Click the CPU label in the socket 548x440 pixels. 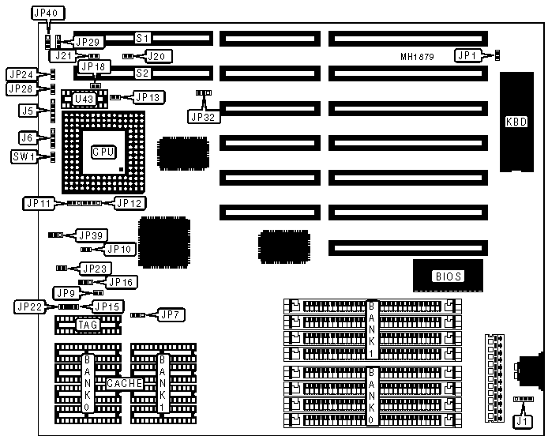click(x=103, y=151)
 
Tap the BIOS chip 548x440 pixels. click(x=448, y=276)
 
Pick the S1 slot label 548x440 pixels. click(x=143, y=38)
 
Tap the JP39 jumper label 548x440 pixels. click(x=89, y=235)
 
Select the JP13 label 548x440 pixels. click(x=147, y=97)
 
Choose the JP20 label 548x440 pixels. click(x=158, y=56)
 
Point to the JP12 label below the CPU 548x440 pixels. click(x=128, y=203)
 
